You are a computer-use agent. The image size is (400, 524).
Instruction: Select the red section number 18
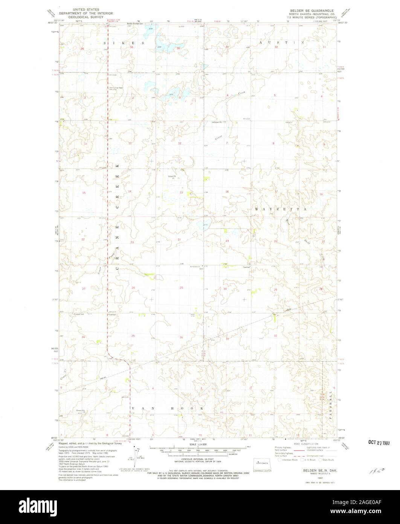click(x=227, y=192)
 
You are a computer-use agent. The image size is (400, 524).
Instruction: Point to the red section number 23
click(x=132, y=242)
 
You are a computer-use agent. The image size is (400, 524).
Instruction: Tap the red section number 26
click(x=133, y=288)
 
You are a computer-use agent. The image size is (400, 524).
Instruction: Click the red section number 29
click(x=275, y=289)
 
